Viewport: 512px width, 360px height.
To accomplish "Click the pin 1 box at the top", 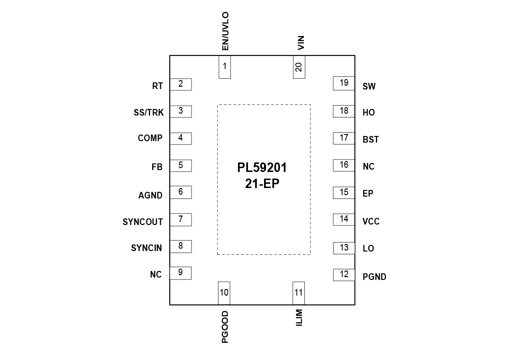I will (x=224, y=67).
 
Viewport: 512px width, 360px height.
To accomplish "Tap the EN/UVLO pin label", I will (x=225, y=31).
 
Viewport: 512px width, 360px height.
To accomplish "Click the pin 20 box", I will (x=299, y=67).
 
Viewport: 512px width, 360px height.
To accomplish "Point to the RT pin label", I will (x=157, y=86).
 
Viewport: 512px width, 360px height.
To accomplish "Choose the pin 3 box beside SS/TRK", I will (x=181, y=111).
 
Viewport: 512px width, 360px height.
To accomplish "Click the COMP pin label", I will (x=150, y=138).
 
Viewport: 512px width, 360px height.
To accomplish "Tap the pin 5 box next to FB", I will (x=181, y=166).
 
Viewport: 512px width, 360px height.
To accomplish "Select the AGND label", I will (x=150, y=195).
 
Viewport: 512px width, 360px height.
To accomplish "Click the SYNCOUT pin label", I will (x=143, y=222).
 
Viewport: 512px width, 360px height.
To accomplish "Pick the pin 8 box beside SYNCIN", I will (x=181, y=246).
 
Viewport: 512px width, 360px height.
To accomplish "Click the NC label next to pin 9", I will (x=155, y=275).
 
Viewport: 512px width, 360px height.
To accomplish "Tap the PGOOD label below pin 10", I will (x=225, y=327).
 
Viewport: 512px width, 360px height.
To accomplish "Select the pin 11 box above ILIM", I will (x=299, y=293).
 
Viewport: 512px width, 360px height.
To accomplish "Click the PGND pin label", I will (x=375, y=277).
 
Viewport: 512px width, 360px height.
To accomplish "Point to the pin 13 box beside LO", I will (x=344, y=248).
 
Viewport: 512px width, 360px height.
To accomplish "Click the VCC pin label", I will (x=371, y=222).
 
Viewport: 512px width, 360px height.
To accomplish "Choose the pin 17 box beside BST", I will (x=344, y=138).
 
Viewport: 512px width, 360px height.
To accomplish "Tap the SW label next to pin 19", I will (x=369, y=87).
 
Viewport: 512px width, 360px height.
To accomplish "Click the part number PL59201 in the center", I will (x=262, y=168).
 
